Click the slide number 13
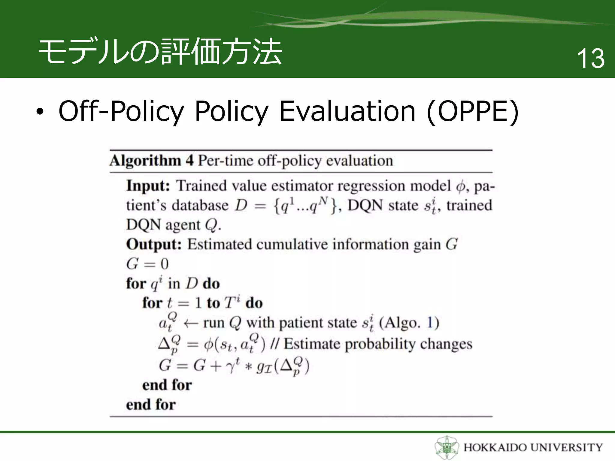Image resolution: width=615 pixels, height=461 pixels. coord(590,59)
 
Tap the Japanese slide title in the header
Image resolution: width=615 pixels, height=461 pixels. coord(160,52)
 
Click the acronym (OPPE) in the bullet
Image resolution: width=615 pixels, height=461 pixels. coord(473,111)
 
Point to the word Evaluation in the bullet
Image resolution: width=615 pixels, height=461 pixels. coord(347,111)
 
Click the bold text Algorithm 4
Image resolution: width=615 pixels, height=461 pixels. coord(151,161)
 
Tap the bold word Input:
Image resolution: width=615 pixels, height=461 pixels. coord(148,185)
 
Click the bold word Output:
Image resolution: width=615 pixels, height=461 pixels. coord(154,244)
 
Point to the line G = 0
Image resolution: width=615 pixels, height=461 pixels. coord(147,264)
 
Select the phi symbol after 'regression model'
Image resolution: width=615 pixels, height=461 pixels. coord(460,187)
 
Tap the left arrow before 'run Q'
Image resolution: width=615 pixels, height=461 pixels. coord(190,324)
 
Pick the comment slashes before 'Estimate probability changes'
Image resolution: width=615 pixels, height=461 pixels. coord(274,344)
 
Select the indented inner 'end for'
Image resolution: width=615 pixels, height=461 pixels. coord(167,385)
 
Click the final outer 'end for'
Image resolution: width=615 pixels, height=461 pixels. coord(151,404)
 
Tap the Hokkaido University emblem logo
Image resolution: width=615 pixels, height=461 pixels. coord(447,447)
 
